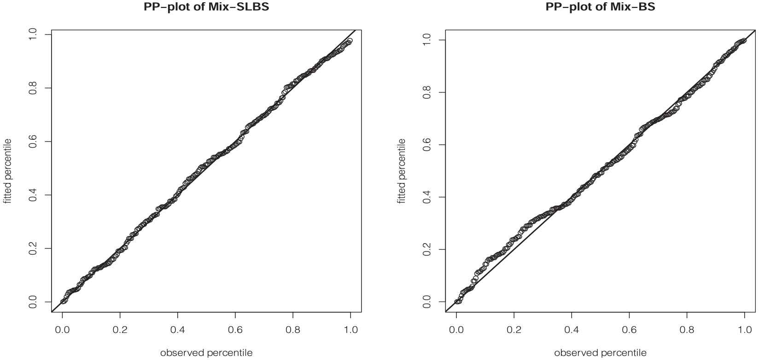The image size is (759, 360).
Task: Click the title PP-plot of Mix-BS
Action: [x=600, y=7]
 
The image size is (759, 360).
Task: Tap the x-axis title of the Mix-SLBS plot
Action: [x=206, y=353]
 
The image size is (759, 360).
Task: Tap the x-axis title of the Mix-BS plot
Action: [x=600, y=353]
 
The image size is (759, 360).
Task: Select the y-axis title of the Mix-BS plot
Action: [x=402, y=171]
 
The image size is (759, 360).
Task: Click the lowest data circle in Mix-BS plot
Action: [x=457, y=302]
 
